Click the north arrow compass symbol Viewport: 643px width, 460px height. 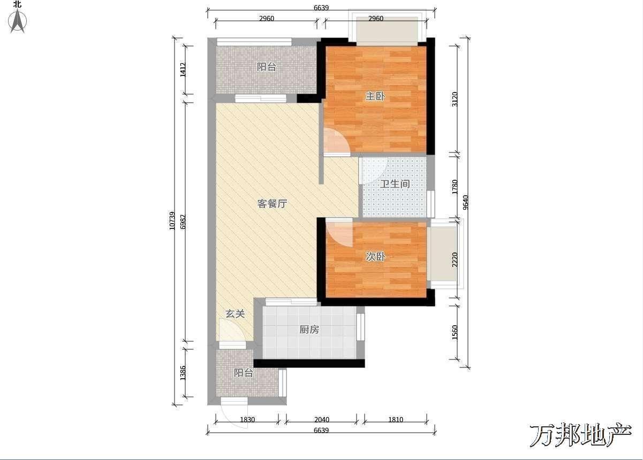18,20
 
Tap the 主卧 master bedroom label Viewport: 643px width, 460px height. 375,96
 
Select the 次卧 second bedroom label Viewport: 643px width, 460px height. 375,257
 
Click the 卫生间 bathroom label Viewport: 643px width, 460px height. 395,184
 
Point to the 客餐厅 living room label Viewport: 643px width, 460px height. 272,204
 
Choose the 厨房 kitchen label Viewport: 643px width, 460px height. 309,329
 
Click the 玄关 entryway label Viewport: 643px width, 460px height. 235,314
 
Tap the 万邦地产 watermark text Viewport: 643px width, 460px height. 580,435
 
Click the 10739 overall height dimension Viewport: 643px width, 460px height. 172,221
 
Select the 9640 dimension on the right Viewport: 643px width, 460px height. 466,203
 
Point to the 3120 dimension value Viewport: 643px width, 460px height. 455,99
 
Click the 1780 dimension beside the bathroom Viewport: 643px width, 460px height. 455,187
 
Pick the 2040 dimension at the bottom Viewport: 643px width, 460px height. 322,420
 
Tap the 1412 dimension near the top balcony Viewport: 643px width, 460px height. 183,70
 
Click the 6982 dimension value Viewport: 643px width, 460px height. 183,221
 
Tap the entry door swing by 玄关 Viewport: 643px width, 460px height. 232,330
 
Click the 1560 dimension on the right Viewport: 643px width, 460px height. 455,332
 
